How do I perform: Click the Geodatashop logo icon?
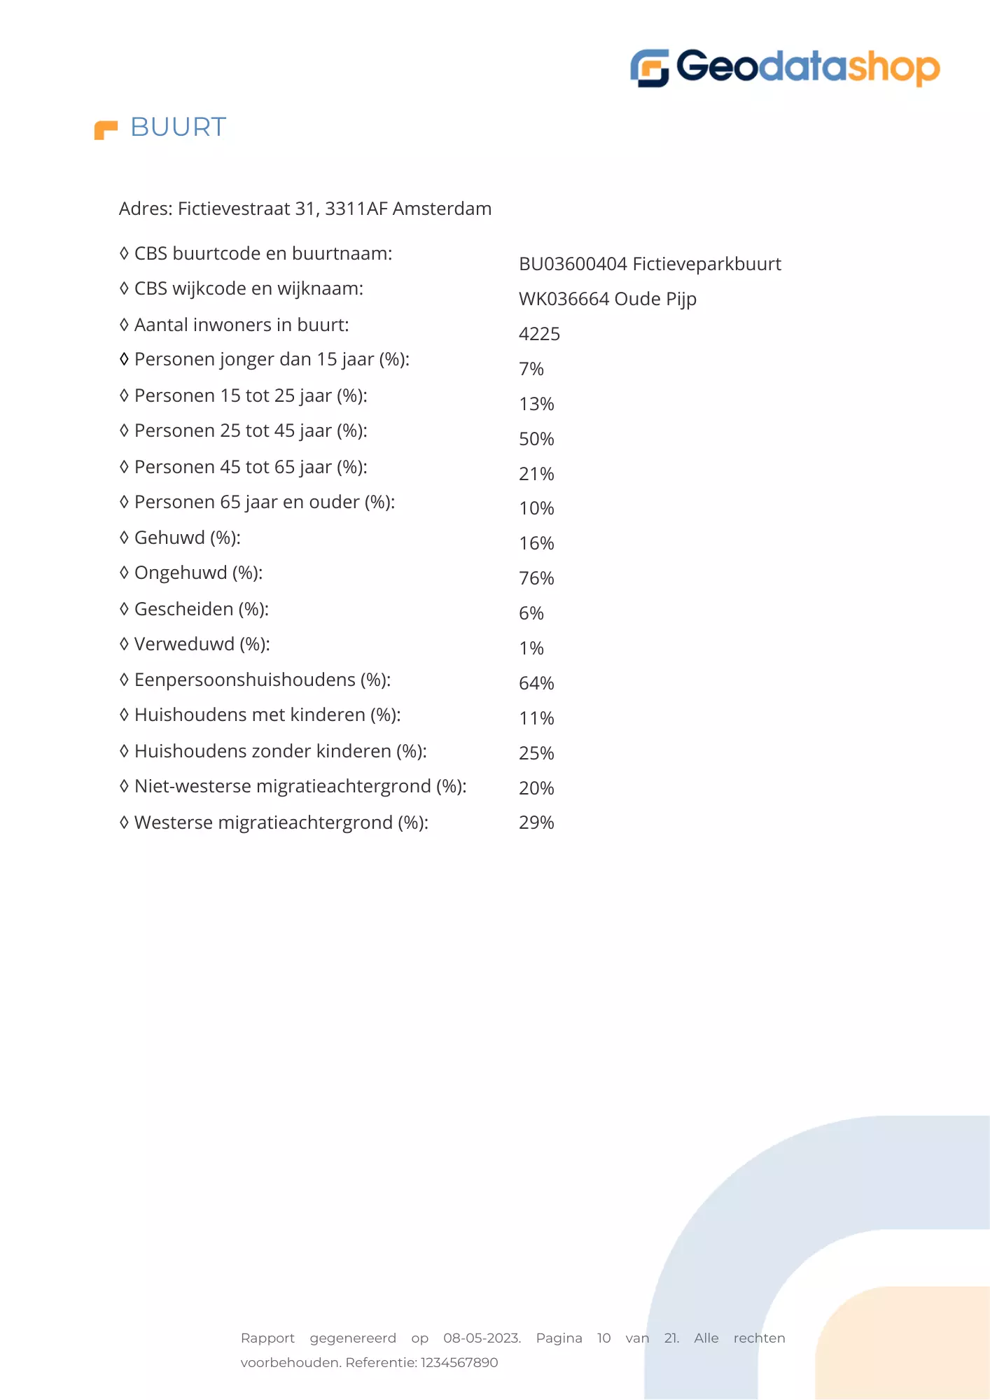pos(649,68)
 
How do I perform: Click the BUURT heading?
pos(179,127)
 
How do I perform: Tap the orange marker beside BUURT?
pos(106,130)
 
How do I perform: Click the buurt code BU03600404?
pos(573,264)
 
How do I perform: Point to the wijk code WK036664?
pos(564,299)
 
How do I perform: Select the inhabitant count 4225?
pos(539,334)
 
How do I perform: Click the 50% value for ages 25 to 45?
pos(536,439)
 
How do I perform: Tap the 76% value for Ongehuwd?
pos(536,578)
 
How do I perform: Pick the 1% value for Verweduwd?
pos(531,648)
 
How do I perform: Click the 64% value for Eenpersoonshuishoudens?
pos(536,683)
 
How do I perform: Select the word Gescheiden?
pos(183,609)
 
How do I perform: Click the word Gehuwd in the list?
pos(169,538)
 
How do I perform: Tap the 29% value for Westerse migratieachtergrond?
pos(536,822)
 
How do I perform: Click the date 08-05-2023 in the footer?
pos(482,1338)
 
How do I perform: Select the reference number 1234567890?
pos(459,1363)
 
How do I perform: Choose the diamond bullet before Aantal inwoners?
pos(124,325)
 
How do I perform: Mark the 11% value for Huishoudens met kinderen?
pos(536,718)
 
